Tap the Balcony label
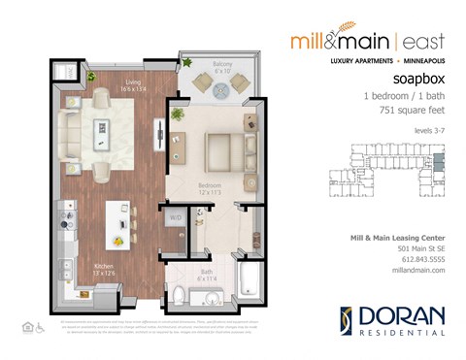pos(222,66)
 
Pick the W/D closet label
pos(176,218)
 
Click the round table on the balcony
pos(221,83)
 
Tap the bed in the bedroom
pos(227,149)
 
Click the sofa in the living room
pos(70,128)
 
